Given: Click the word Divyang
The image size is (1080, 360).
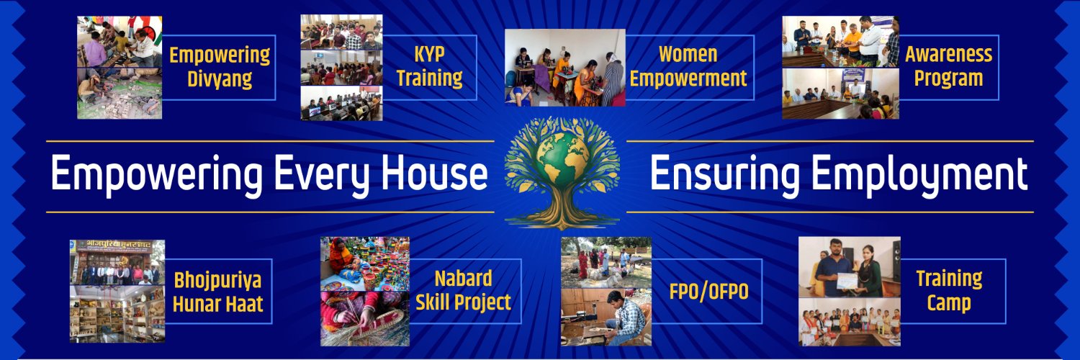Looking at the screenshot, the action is (x=220, y=79).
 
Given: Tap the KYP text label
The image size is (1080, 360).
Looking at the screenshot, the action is (x=429, y=55).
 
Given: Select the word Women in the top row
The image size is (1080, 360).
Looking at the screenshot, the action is (x=688, y=54).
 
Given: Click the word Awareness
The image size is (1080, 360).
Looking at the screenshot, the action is (x=948, y=55).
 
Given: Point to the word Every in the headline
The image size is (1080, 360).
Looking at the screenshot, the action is (x=323, y=174).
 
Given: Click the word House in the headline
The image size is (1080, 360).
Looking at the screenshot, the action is (x=434, y=173).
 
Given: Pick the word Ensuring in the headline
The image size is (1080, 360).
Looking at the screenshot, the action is (x=724, y=174).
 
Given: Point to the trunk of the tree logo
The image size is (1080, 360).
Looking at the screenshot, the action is (x=562, y=204).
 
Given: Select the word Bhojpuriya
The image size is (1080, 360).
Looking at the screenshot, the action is (x=217, y=281).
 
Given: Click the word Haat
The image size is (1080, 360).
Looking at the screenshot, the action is (x=242, y=304).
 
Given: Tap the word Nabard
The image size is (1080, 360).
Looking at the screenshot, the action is (x=463, y=279).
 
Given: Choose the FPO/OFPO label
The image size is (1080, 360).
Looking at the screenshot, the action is (x=708, y=292).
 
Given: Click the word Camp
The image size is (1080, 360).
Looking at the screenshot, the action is (x=949, y=303).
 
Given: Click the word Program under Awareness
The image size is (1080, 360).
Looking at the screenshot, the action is (x=948, y=78).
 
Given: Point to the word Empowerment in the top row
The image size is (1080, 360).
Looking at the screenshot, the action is (x=688, y=78).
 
